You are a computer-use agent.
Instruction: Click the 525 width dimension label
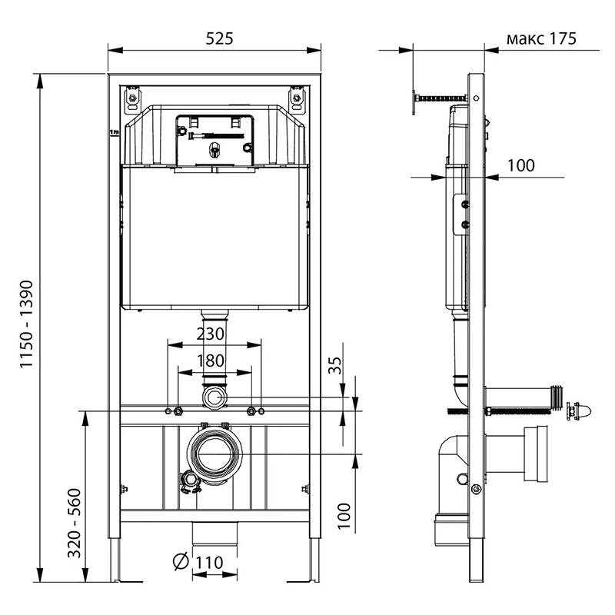click(x=219, y=38)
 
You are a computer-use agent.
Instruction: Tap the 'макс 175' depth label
click(x=541, y=38)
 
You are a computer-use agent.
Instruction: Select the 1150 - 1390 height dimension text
click(x=27, y=324)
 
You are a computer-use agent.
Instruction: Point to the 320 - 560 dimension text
click(x=74, y=523)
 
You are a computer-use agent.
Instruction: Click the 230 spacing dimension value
click(x=211, y=334)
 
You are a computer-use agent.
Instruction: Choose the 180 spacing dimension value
click(x=211, y=361)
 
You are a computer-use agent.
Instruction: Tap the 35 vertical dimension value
click(x=334, y=366)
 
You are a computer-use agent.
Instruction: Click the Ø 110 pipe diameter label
click(x=198, y=562)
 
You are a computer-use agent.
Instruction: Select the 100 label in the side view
click(x=521, y=165)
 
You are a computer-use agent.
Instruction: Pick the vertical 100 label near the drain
click(x=344, y=516)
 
